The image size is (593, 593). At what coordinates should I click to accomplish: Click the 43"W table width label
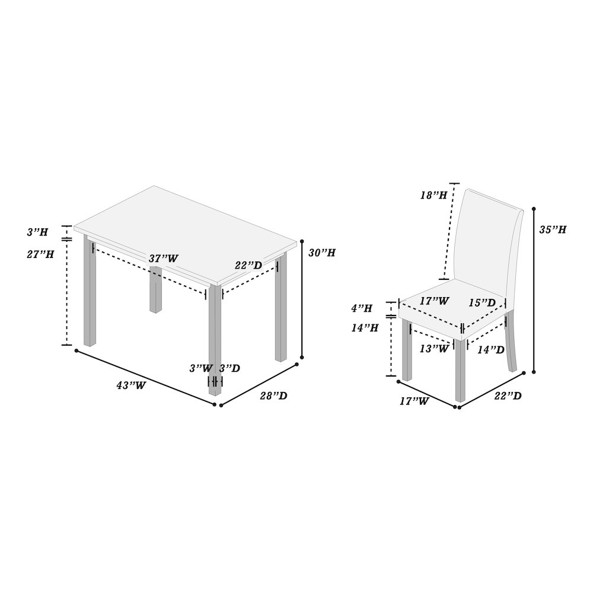pyautogui.click(x=131, y=385)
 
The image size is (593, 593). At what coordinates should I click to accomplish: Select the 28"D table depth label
pyautogui.click(x=273, y=396)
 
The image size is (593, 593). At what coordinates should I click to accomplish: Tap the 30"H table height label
pyautogui.click(x=322, y=253)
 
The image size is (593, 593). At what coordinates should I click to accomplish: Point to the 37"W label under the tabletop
pyautogui.click(x=164, y=259)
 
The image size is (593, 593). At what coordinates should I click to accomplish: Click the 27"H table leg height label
pyautogui.click(x=40, y=254)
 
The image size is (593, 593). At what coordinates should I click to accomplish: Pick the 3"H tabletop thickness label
pyautogui.click(x=37, y=232)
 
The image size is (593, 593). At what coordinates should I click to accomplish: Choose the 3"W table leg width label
pyautogui.click(x=201, y=368)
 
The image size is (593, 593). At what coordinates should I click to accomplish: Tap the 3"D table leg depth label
pyautogui.click(x=230, y=368)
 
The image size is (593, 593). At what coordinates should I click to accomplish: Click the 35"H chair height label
pyautogui.click(x=553, y=229)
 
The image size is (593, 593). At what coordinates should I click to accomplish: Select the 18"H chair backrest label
pyautogui.click(x=434, y=195)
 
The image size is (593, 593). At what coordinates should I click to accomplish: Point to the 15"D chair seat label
pyautogui.click(x=482, y=302)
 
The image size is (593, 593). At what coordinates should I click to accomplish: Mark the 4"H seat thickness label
pyautogui.click(x=362, y=308)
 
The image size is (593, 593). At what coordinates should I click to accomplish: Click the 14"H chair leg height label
pyautogui.click(x=365, y=328)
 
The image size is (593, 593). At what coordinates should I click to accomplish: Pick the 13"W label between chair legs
pyautogui.click(x=434, y=348)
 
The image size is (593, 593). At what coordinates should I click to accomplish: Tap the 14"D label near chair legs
pyautogui.click(x=491, y=350)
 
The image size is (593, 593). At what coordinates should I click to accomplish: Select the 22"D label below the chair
pyautogui.click(x=508, y=396)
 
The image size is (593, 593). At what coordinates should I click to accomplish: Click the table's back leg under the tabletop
pyautogui.click(x=155, y=290)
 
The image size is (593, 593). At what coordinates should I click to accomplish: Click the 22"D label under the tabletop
pyautogui.click(x=248, y=266)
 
